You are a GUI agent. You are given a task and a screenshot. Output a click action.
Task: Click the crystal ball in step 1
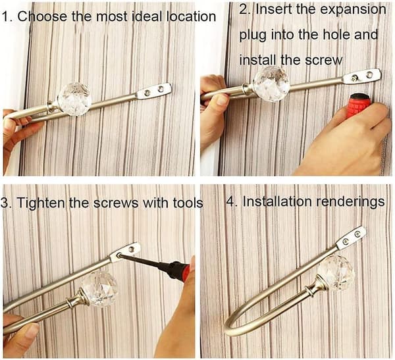click(x=74, y=99)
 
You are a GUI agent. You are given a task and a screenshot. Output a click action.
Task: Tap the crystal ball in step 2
click(x=271, y=80)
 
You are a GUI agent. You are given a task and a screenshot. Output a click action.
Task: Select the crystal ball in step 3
click(x=100, y=289)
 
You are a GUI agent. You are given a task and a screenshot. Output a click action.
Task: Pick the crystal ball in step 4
click(x=336, y=273)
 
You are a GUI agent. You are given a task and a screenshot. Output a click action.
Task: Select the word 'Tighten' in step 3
click(x=41, y=203)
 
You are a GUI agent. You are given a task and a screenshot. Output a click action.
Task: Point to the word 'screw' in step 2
click(x=324, y=61)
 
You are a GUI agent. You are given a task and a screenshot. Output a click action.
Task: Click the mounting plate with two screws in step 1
click(x=154, y=91)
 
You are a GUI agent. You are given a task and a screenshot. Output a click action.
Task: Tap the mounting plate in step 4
click(x=352, y=238)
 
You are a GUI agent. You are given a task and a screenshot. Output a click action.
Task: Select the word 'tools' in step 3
click(x=188, y=203)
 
